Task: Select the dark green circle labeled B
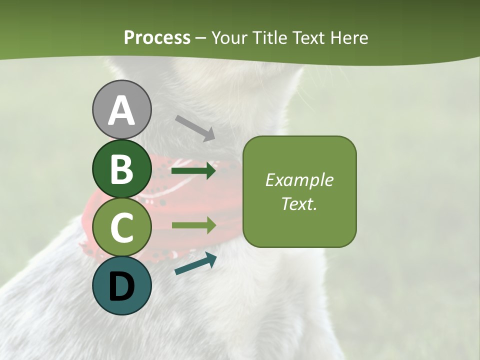tap(121, 168)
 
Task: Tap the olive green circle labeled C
tap(121, 227)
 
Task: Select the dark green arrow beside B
tap(193, 171)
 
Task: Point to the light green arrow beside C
tap(193, 225)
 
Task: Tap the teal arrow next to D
tap(195, 264)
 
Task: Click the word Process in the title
tap(157, 38)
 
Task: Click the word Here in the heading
tap(349, 38)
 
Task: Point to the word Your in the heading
tap(230, 38)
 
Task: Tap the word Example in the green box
tap(299, 180)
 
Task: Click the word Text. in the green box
tap(299, 204)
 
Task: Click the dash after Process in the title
tap(200, 38)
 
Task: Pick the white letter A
tap(121, 110)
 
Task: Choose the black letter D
tap(121, 286)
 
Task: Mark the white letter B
tap(121, 168)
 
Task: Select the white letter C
tap(121, 227)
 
